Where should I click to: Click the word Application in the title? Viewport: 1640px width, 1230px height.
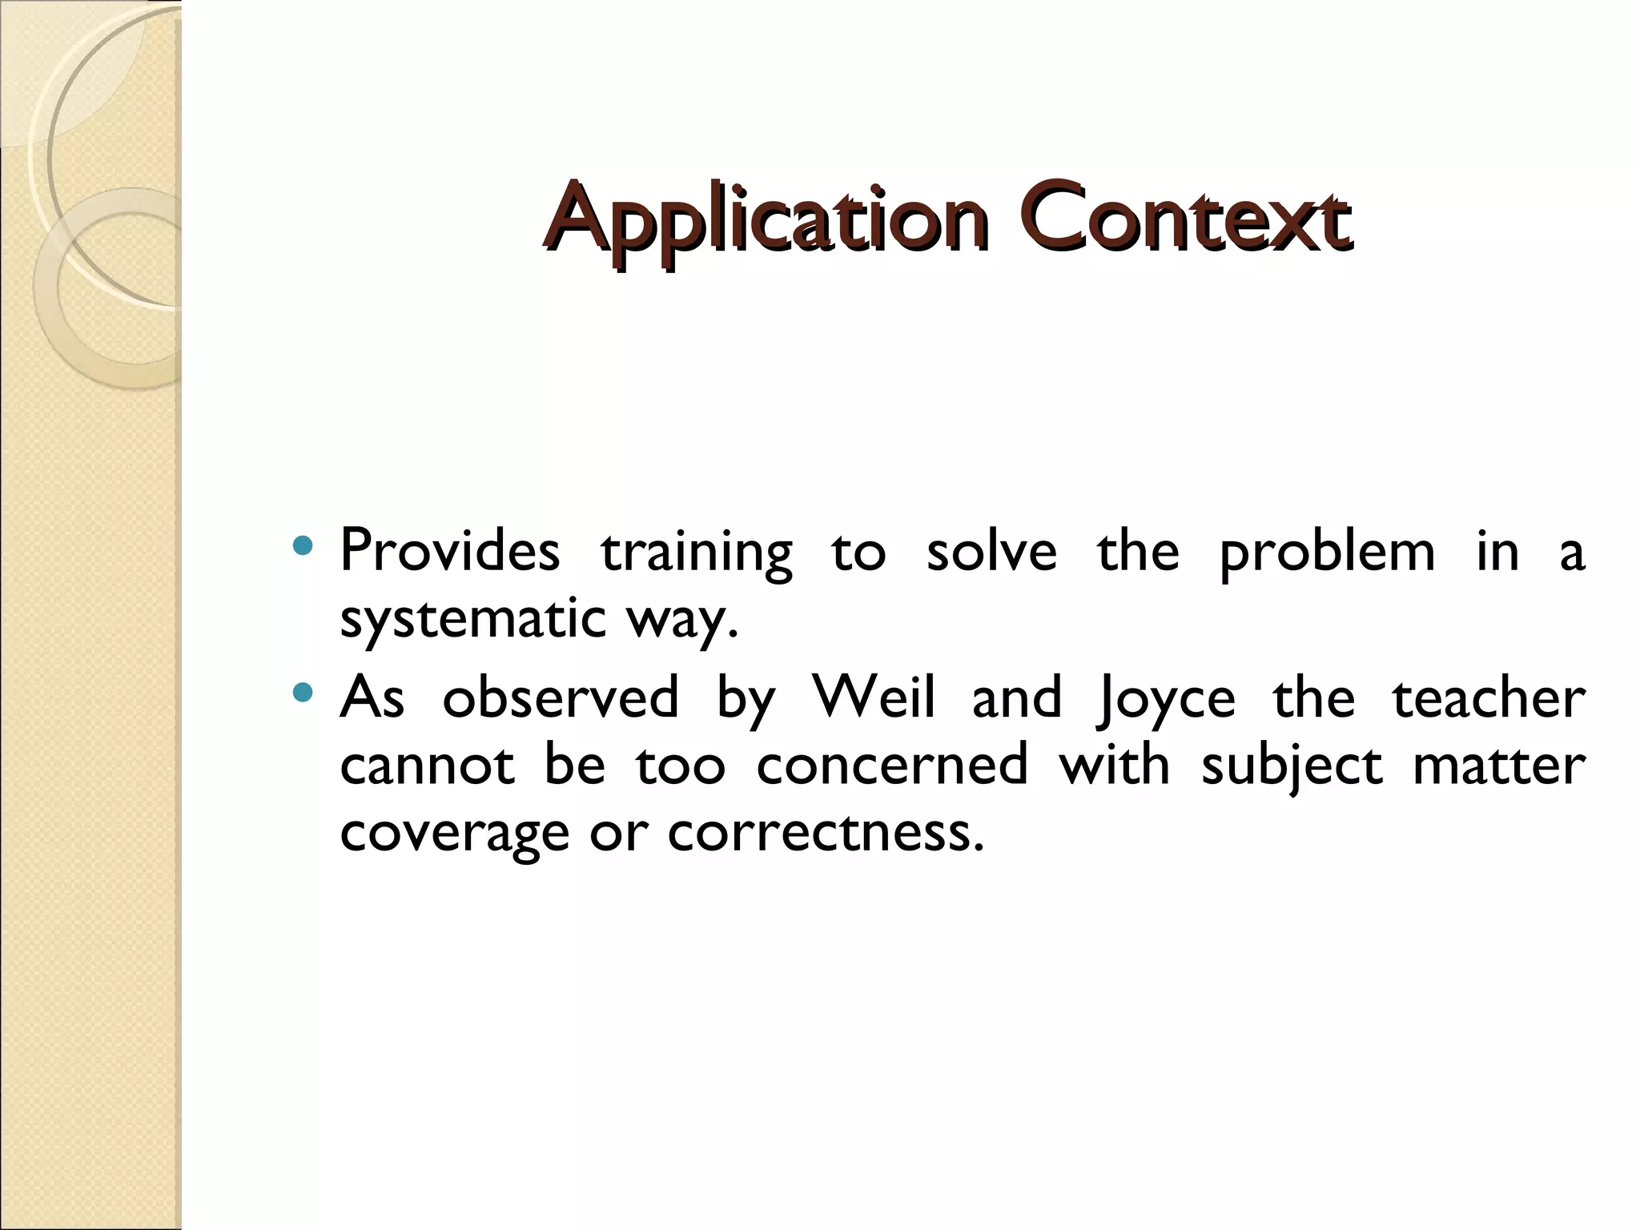(x=765, y=218)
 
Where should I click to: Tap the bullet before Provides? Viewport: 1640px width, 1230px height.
(x=303, y=547)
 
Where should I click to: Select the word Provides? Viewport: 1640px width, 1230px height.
(x=450, y=551)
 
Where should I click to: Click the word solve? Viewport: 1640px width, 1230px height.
(x=991, y=551)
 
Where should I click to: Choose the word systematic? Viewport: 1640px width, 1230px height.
(x=472, y=620)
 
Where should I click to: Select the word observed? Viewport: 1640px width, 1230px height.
(x=561, y=697)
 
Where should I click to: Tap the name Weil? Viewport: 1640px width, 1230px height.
(x=873, y=697)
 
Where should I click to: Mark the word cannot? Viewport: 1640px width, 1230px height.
(x=427, y=765)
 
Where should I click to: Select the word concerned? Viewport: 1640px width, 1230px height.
(x=892, y=765)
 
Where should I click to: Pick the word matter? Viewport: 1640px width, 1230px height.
(x=1499, y=765)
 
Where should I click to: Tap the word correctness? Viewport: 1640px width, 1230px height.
(x=825, y=833)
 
